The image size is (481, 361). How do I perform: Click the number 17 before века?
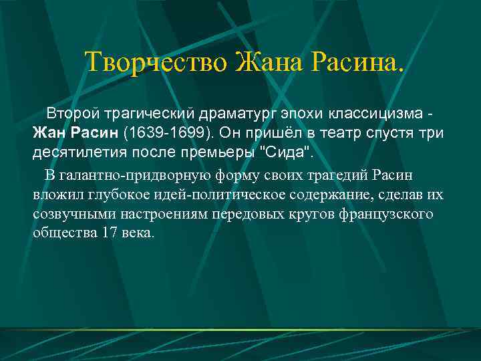110,233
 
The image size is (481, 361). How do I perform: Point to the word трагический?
133,111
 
